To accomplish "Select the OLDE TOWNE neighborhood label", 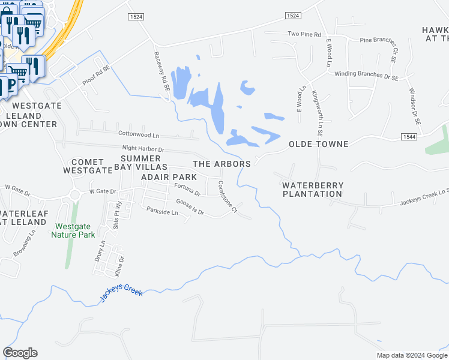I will [319, 145].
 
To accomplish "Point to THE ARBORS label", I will [221, 164].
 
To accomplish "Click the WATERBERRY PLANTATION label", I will [313, 190].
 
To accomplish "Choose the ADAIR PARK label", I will [169, 178].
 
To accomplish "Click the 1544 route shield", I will [410, 137].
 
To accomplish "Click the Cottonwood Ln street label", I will [139, 136].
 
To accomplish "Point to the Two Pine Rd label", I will [305, 34].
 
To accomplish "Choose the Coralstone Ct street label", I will [228, 197].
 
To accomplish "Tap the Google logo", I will [20, 353].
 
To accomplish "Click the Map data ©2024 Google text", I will [412, 355].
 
